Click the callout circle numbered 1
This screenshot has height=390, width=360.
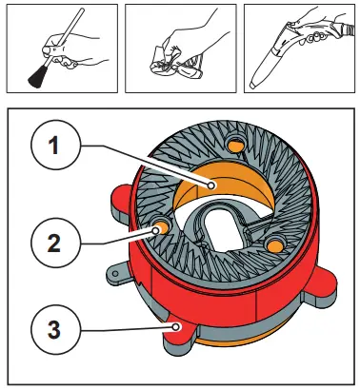55,145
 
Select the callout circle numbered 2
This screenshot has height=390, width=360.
55,243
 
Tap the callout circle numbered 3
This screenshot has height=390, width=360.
55,329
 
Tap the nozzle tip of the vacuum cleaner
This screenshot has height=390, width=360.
252,85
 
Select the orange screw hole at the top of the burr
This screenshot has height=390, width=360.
236,146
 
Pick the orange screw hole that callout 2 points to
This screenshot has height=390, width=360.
163,227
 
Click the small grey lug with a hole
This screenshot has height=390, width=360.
117,272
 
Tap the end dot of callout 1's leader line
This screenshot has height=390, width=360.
211,185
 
